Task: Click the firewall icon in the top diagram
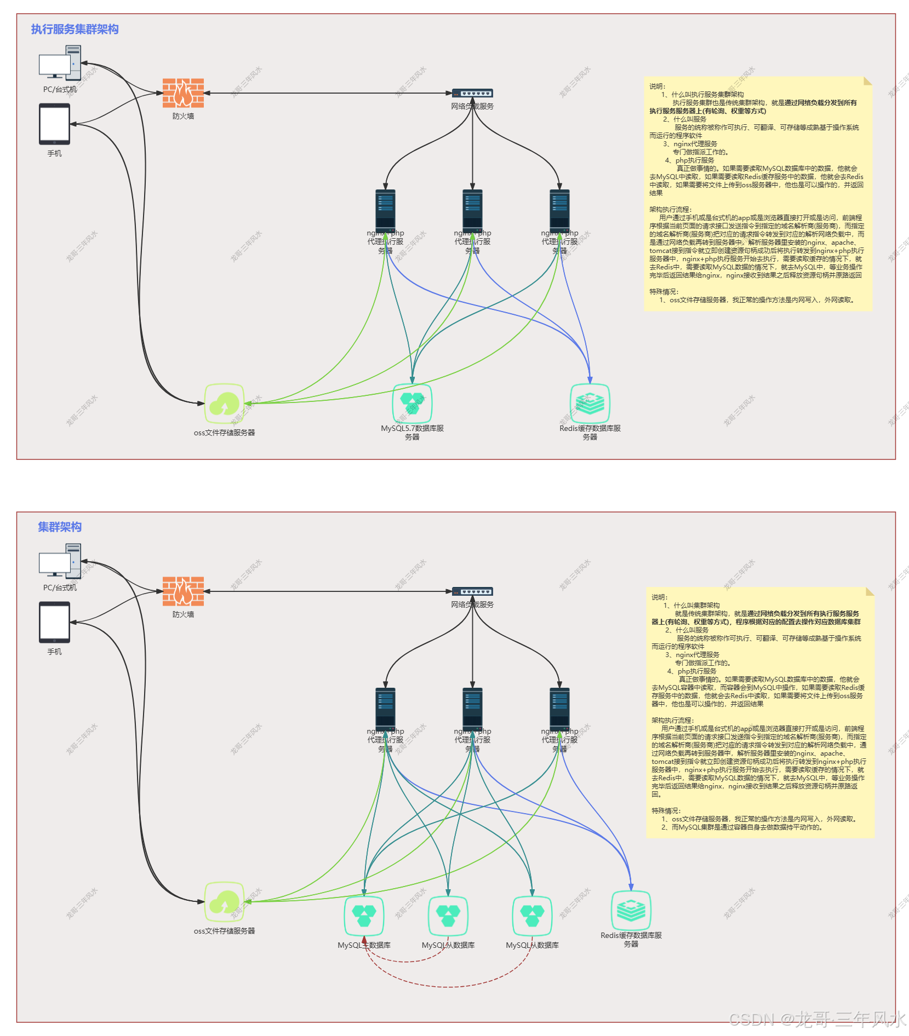183,93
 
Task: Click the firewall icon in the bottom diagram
183,591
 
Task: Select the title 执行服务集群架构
75,29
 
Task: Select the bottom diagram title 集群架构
60,527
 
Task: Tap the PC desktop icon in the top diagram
60,63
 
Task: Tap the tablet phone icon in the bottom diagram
54,622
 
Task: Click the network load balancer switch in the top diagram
472,93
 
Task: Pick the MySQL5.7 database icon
412,403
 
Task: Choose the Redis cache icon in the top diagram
590,403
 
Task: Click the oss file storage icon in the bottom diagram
224,901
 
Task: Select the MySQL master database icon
364,916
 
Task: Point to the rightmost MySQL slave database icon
532,916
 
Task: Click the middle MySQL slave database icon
448,916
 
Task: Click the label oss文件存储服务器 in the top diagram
224,433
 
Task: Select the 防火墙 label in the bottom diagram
183,614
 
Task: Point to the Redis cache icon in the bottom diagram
631,910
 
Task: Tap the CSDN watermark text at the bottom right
816,1018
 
